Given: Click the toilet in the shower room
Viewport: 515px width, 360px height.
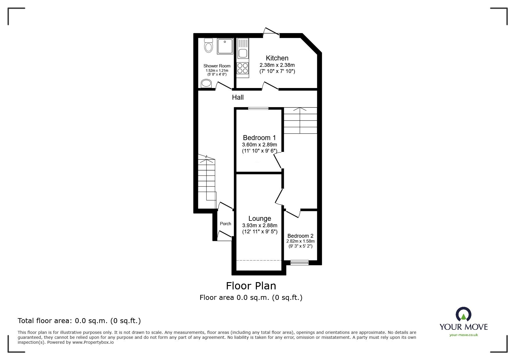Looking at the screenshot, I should coord(209,46).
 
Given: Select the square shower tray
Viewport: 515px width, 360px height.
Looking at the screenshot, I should coord(225,46).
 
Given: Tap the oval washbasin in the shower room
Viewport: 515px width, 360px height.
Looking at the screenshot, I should coord(206,84).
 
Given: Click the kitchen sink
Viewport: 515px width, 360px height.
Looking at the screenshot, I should coord(243,53).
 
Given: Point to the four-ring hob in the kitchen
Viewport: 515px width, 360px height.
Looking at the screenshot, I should coord(243,68).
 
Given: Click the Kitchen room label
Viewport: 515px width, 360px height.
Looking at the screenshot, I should coord(277,58).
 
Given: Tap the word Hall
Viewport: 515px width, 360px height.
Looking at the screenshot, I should coord(238,97).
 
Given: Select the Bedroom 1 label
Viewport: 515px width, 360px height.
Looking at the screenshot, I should coord(259,138).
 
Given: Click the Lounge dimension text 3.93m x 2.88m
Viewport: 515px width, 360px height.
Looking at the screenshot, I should coord(260,225).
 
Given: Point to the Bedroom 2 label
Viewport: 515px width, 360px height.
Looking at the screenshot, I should coord(300,236).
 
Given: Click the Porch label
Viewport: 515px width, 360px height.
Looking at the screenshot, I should coord(225,224).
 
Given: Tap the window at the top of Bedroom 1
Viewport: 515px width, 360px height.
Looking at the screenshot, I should coord(258,109).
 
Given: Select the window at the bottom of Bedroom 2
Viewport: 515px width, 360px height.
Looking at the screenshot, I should coord(300,263).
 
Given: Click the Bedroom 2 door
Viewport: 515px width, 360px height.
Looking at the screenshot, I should coord(293,214).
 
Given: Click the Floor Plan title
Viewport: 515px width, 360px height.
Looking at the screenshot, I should coord(251,286).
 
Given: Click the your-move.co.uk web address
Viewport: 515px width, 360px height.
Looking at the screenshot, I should coord(464,335).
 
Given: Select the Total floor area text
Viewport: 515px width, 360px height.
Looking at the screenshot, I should coord(79,321).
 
